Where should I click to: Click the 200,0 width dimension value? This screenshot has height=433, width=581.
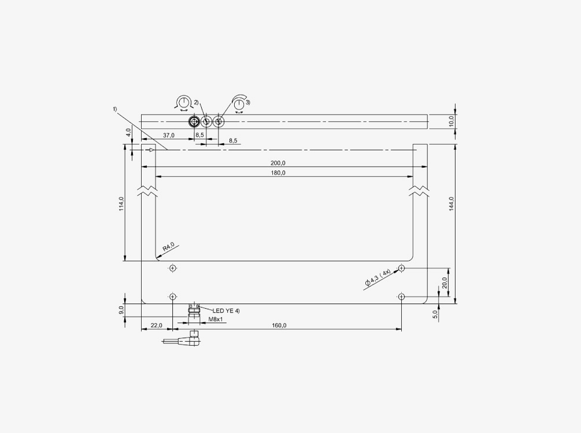point(278,163)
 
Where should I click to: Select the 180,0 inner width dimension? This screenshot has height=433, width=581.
point(278,173)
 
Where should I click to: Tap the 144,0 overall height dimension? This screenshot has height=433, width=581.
point(451,204)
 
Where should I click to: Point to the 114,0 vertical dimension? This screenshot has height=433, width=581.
point(121,204)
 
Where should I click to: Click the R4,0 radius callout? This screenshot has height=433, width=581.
point(168,247)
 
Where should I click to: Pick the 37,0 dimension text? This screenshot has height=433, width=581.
point(169,136)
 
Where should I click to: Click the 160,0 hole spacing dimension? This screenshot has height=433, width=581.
point(279,326)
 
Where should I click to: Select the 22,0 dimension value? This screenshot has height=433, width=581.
point(156,326)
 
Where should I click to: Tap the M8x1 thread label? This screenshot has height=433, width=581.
point(215,319)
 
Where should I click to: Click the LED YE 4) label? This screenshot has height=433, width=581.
point(226,311)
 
